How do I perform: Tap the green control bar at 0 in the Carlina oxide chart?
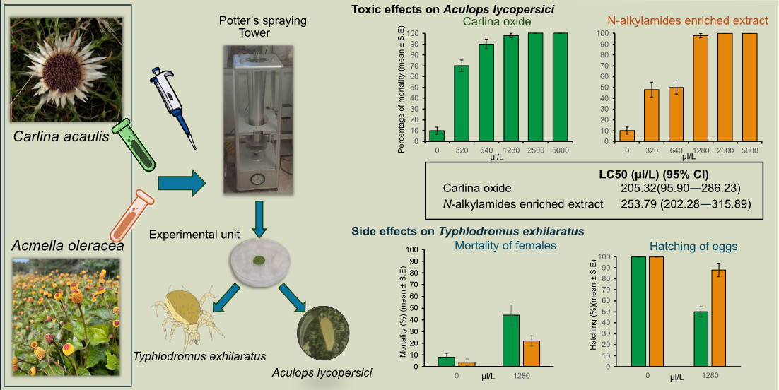click(437, 136)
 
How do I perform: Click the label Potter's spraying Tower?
click(262, 27)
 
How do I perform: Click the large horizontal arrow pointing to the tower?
click(180, 183)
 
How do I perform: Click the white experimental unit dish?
click(261, 262)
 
